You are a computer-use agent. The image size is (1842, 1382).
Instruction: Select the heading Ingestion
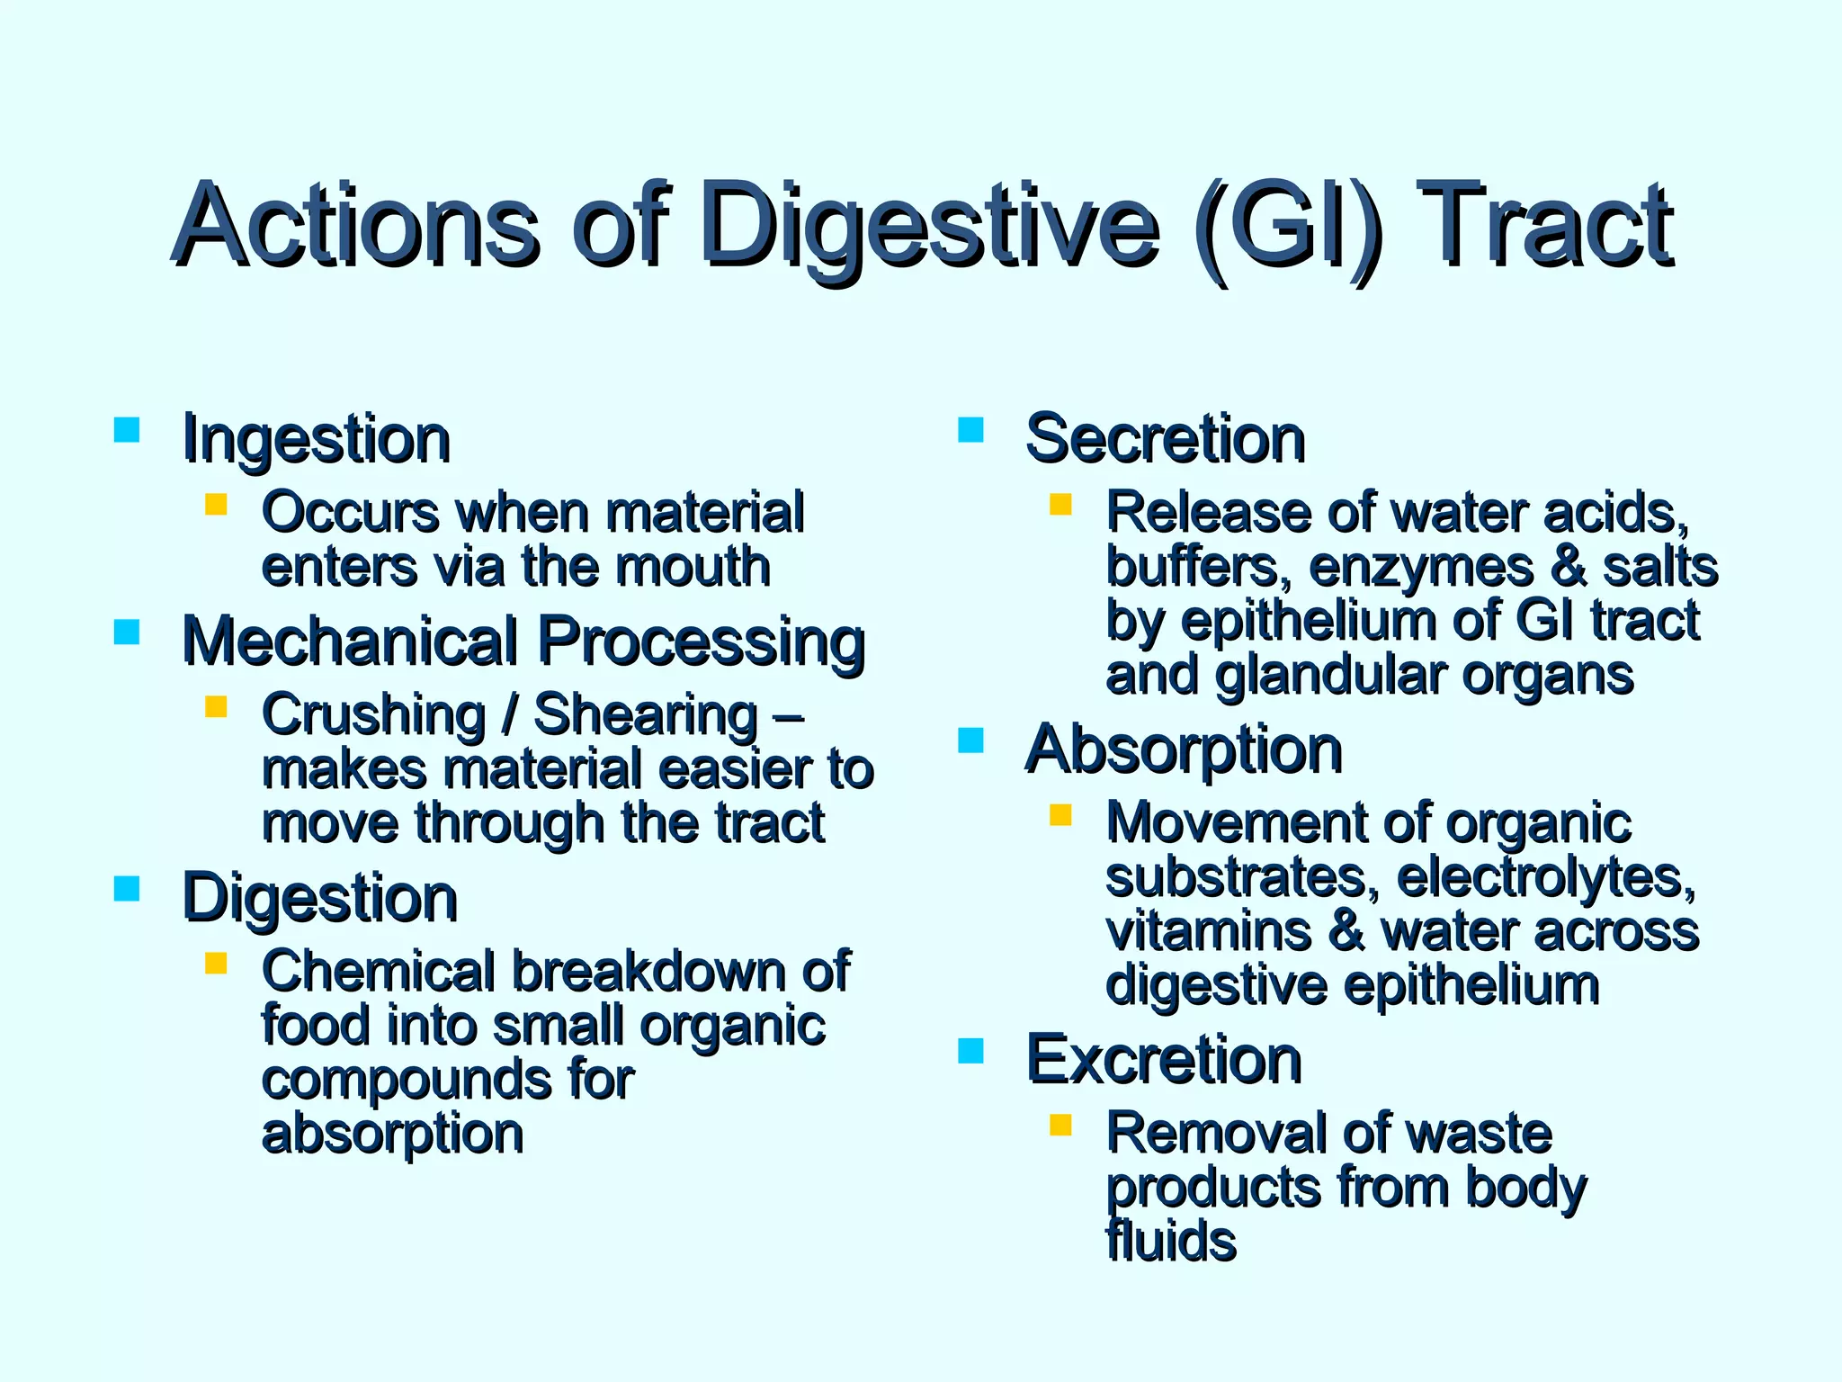(316, 439)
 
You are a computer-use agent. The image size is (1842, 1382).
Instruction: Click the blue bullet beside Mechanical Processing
(127, 633)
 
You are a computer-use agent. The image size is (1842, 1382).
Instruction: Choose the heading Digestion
(319, 898)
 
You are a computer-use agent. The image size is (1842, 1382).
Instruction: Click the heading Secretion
(1165, 439)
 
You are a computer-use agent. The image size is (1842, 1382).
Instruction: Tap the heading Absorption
(1184, 749)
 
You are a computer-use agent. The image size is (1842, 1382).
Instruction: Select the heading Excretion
(1164, 1059)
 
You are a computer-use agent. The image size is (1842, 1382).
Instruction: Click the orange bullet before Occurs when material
(216, 504)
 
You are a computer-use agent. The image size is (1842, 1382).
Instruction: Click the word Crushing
(373, 715)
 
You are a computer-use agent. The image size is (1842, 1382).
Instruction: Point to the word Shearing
(646, 715)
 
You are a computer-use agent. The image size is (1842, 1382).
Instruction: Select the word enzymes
(1421, 568)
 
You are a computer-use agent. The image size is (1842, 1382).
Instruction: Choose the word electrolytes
(1546, 877)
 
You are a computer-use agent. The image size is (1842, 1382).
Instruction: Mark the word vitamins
(1209, 931)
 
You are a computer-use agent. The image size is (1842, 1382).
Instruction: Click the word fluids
(1171, 1242)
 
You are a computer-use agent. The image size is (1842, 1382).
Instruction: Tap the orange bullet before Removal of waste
(1060, 1125)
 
